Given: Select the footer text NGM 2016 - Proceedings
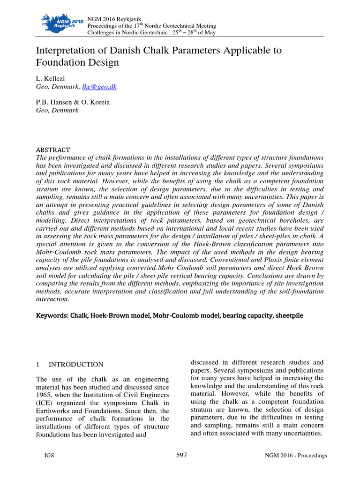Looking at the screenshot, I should pos(296,456).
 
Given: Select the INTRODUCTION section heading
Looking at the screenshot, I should pos(76,364).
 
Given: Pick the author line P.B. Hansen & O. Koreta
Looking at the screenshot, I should pos(73,103).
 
